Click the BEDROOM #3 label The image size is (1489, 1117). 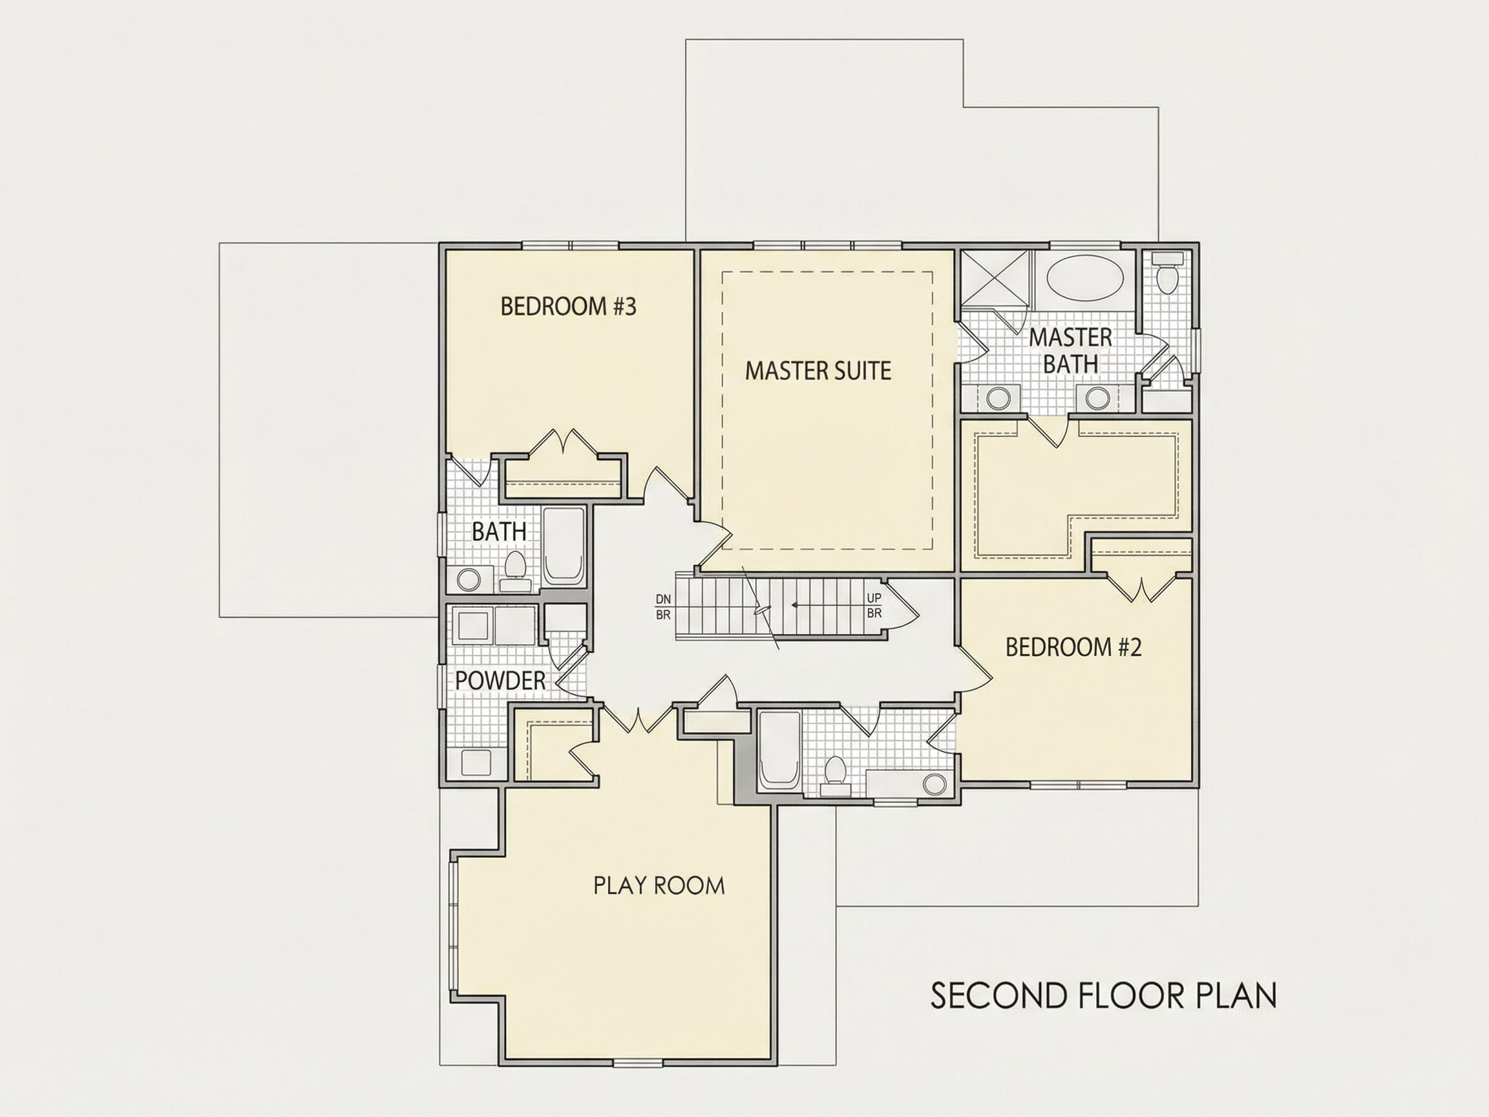click(568, 306)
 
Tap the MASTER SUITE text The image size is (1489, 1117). click(818, 370)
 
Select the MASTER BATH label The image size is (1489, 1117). click(1070, 350)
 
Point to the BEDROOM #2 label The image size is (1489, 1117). click(1073, 647)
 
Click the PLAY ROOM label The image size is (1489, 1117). click(659, 886)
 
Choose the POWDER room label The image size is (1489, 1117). click(500, 680)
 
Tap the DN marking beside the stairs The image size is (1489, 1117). click(663, 599)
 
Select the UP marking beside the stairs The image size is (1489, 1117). click(874, 598)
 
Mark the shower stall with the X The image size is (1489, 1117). click(995, 279)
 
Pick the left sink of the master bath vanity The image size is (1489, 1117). click(998, 398)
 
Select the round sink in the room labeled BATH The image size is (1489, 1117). click(469, 579)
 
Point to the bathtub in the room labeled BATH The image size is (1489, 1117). click(564, 547)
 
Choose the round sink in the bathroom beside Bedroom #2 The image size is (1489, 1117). click(935, 783)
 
